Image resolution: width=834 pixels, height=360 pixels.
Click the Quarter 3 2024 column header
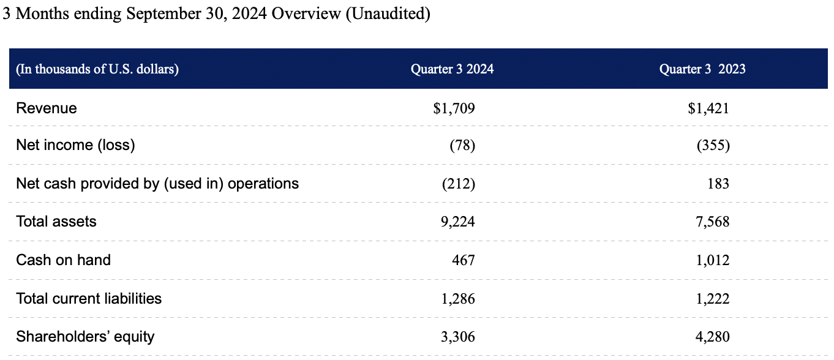pos(452,69)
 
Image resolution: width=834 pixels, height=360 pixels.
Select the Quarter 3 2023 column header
pos(702,69)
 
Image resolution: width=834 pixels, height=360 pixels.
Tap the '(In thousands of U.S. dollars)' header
pos(97,69)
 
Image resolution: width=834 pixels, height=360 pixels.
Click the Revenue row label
pos(47,108)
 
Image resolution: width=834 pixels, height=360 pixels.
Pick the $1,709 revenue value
pos(454,109)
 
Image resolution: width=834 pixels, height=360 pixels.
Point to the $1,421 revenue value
pos(708,109)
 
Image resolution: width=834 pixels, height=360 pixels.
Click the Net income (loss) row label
pos(75,146)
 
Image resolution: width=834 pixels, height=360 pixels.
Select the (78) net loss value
pos(462,146)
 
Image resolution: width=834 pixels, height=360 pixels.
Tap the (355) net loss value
pos(713,146)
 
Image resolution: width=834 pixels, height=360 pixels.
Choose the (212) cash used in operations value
pos(459,184)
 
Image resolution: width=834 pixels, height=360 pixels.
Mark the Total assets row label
pos(56,222)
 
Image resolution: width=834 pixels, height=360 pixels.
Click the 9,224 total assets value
pos(458,222)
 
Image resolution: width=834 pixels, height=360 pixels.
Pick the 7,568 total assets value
pos(713,222)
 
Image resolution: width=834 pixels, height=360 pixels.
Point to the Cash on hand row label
pos(63,260)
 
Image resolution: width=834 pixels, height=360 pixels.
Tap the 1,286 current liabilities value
pos(458,299)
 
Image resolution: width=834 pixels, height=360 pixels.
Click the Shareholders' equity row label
pos(85,337)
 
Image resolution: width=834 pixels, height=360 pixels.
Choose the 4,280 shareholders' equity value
pos(713,337)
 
